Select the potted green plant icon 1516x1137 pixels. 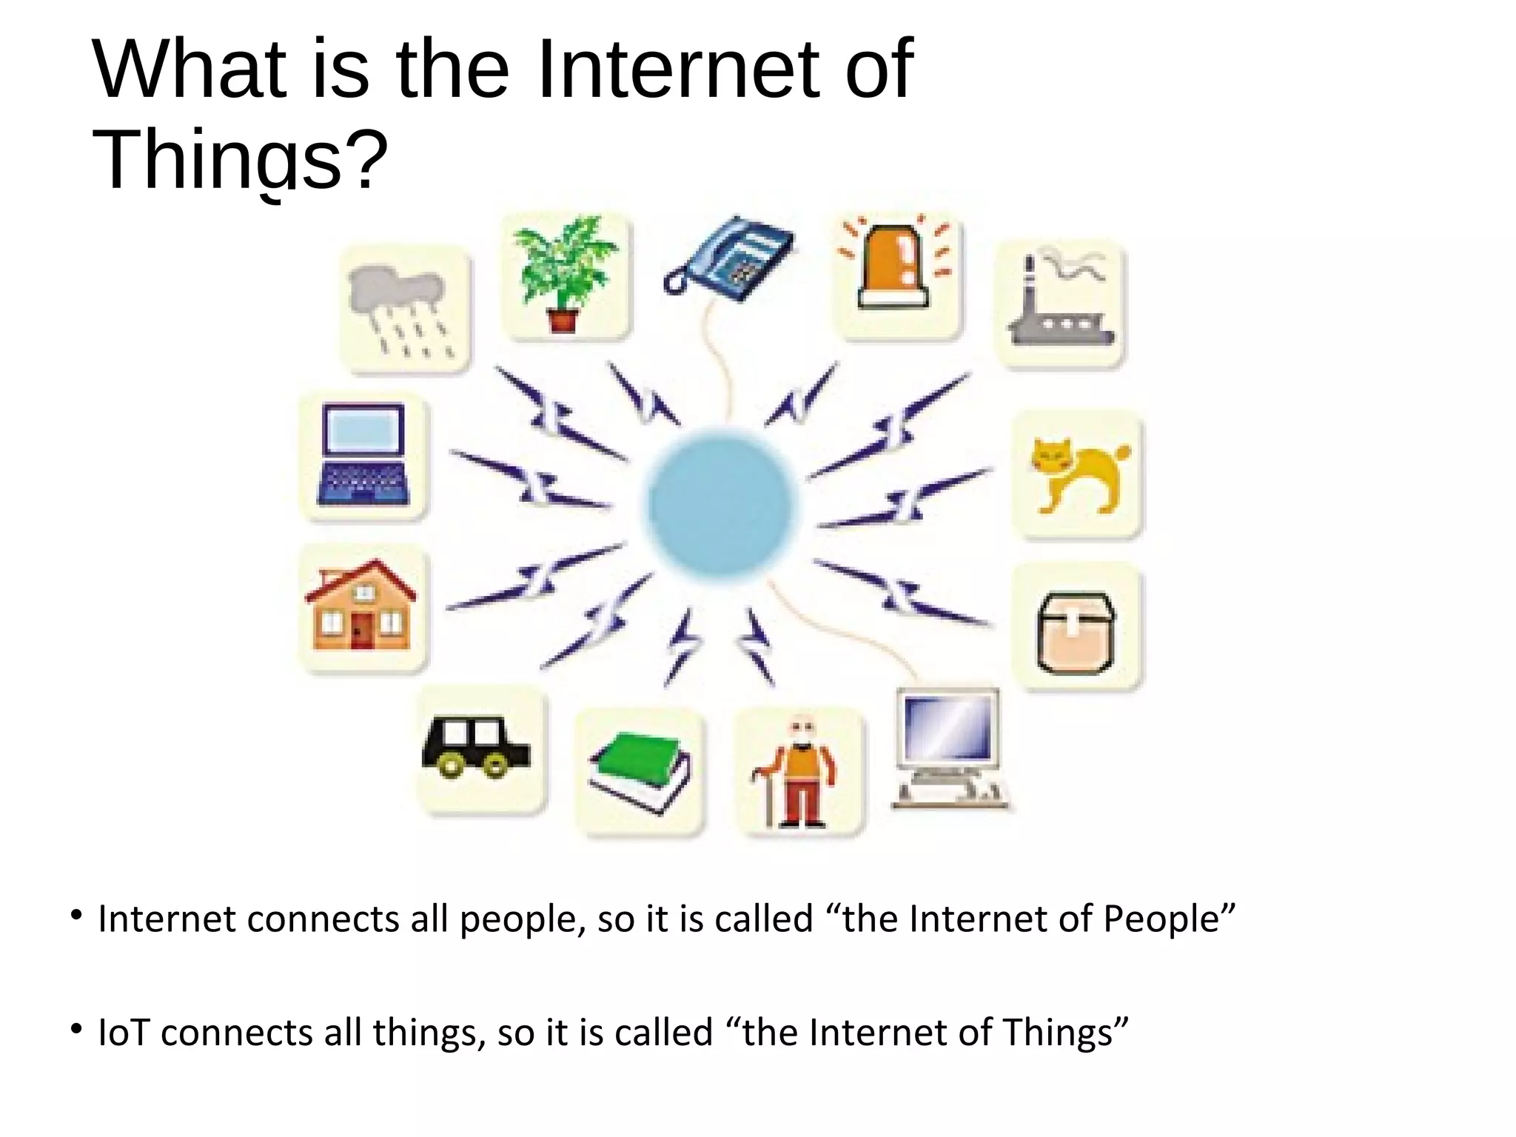click(564, 274)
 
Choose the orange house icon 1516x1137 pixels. click(361, 606)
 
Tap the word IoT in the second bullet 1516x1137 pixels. click(124, 1032)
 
